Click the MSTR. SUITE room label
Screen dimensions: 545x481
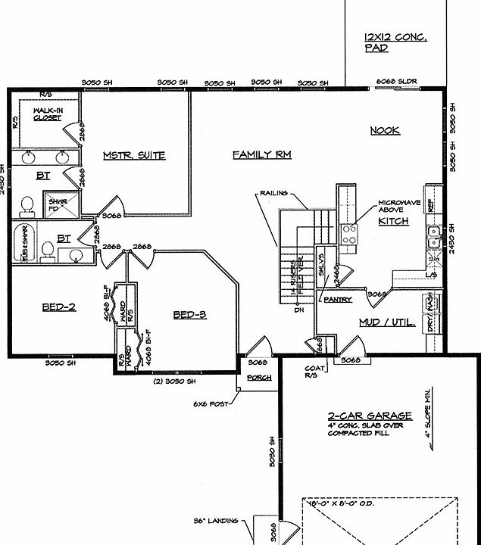coord(134,156)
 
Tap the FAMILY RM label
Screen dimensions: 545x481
coord(262,154)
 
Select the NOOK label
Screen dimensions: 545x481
coord(385,131)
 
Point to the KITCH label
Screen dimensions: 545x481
coord(393,221)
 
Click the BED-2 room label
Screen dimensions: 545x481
coord(58,307)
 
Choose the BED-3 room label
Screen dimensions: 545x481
coord(189,315)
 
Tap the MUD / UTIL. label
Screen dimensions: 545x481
coord(386,322)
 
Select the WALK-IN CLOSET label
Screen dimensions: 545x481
coord(47,114)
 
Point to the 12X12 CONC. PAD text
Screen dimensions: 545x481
coord(395,42)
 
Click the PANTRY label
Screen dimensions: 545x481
coord(338,301)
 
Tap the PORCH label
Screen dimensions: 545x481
coord(259,378)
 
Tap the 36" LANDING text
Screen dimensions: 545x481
coord(217,520)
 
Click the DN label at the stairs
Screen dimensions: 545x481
coord(299,309)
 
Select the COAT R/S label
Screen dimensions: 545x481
coord(315,374)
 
